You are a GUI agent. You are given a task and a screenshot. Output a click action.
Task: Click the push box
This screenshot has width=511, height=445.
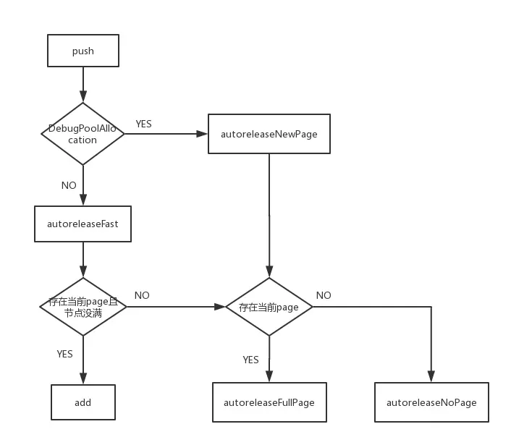[83, 51]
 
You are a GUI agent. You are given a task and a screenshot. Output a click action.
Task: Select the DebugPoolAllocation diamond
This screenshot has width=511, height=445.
[83, 134]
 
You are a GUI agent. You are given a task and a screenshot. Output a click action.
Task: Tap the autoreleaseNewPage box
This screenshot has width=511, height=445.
[269, 134]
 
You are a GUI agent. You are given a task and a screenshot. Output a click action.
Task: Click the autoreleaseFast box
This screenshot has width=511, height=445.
[83, 224]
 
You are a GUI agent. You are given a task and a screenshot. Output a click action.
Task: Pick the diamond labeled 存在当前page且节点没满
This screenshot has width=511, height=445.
[83, 307]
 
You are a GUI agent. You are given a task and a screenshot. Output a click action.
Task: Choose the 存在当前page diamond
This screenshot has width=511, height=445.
[269, 307]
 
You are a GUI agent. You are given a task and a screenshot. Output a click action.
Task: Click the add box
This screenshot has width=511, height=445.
[83, 402]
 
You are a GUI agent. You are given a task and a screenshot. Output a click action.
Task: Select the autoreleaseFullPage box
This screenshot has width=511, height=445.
[269, 402]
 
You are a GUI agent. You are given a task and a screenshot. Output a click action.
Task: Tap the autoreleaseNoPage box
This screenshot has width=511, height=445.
[431, 402]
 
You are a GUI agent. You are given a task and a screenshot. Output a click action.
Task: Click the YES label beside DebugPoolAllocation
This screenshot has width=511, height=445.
[143, 124]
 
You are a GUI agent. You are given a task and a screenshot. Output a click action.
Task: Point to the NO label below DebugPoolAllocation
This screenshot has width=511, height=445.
[69, 185]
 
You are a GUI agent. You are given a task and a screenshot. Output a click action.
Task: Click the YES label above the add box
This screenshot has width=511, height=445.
[64, 354]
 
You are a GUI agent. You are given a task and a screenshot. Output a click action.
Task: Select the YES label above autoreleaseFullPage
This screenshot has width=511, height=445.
[250, 359]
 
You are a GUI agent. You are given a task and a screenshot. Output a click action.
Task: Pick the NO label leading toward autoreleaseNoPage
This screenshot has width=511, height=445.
[324, 295]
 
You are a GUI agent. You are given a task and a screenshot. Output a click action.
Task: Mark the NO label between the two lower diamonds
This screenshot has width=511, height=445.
[142, 295]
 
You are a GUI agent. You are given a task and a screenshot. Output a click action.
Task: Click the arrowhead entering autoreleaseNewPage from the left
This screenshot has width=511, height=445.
[203, 134]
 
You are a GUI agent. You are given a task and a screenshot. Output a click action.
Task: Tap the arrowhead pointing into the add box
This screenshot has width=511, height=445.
[83, 379]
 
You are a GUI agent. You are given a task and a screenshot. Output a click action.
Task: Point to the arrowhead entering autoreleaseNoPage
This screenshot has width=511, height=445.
[431, 377]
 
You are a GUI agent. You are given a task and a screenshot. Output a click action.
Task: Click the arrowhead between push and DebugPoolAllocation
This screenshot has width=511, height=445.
[83, 97]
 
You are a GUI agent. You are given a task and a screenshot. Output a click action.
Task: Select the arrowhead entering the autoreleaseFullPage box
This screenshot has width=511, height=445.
[269, 377]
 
